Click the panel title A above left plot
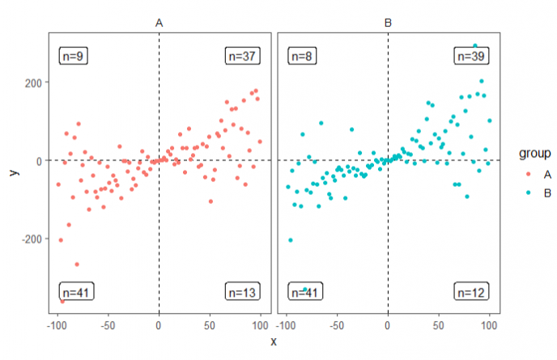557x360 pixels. [159, 24]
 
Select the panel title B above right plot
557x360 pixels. [388, 24]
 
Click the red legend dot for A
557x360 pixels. [528, 173]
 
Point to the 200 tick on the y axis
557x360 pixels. [32, 82]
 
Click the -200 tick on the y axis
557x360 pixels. [31, 239]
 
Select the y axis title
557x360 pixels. [11, 172]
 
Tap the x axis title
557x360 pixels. [273, 342]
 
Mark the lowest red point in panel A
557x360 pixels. [62, 300]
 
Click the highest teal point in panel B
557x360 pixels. [475, 46]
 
